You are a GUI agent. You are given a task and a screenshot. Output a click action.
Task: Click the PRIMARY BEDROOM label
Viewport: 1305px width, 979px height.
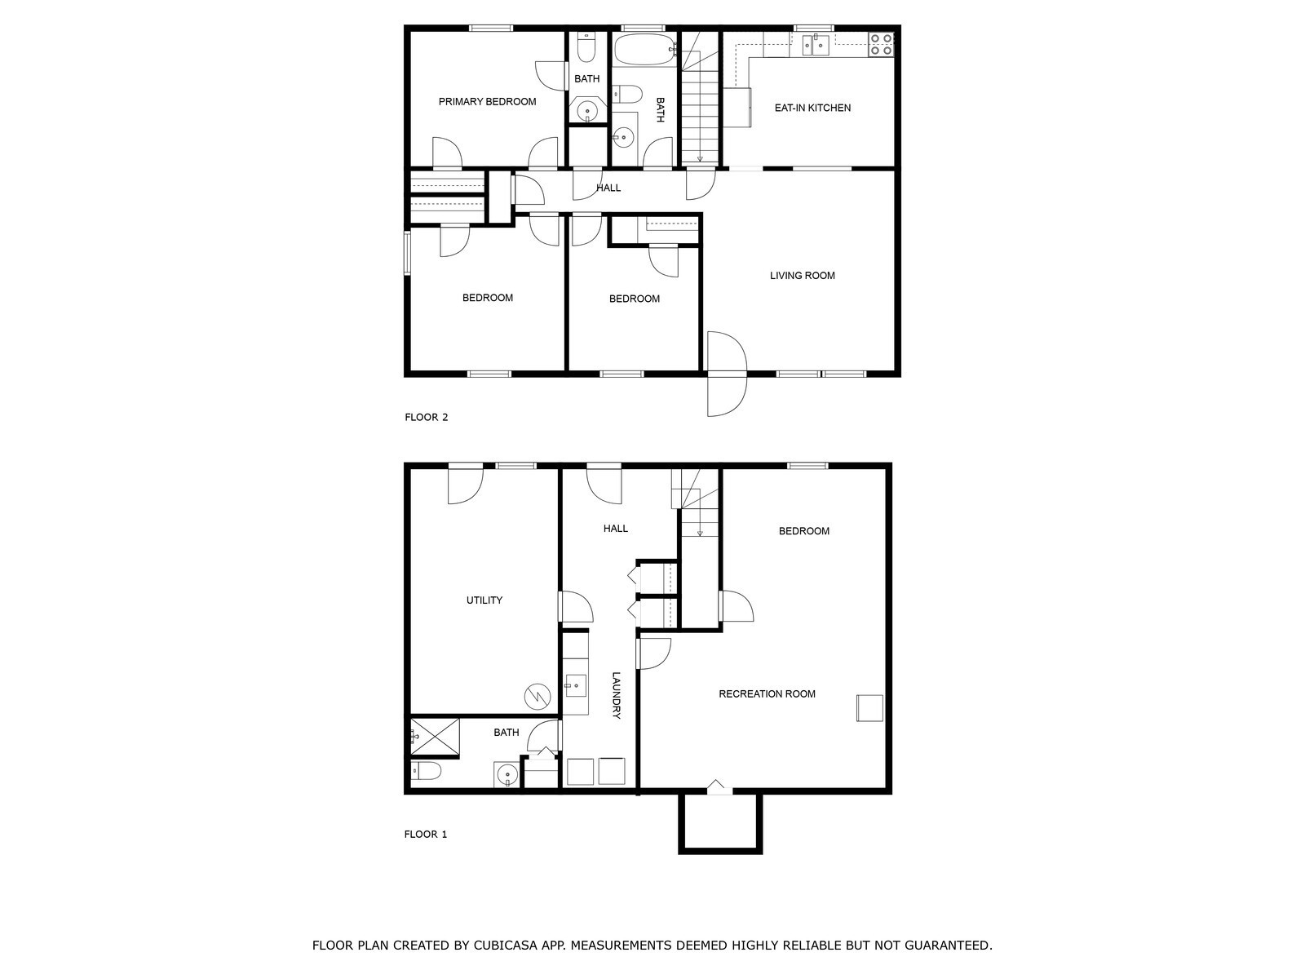pyautogui.click(x=487, y=102)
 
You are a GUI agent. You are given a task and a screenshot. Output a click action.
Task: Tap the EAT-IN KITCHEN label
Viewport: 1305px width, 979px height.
pyautogui.click(x=812, y=108)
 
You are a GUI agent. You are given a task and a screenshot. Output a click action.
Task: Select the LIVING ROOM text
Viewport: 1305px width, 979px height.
pyautogui.click(x=803, y=276)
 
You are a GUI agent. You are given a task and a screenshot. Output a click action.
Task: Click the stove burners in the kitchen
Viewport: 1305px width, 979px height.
pyautogui.click(x=881, y=44)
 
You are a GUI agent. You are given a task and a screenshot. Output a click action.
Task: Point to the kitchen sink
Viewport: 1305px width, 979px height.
pyautogui.click(x=815, y=45)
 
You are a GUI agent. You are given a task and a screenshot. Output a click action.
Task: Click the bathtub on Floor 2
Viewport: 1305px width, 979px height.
pyautogui.click(x=644, y=49)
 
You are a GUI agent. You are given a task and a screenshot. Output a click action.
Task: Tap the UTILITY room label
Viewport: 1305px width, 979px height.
pyautogui.click(x=484, y=600)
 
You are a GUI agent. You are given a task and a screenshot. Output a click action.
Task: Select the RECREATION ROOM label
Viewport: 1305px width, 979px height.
pyautogui.click(x=767, y=694)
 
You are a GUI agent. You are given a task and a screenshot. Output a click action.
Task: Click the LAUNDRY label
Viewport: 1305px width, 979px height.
pyautogui.click(x=617, y=695)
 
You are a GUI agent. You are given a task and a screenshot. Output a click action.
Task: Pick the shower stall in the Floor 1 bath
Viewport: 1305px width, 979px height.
pyautogui.click(x=434, y=737)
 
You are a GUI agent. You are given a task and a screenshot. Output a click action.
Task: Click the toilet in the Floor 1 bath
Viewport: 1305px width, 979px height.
pyautogui.click(x=427, y=771)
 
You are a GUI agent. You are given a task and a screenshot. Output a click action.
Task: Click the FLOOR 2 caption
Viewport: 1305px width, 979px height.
pyautogui.click(x=427, y=418)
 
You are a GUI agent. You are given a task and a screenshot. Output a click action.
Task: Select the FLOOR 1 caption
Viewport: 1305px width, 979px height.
pyautogui.click(x=426, y=835)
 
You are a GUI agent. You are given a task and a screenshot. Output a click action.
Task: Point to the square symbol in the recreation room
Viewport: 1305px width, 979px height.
pyautogui.click(x=869, y=707)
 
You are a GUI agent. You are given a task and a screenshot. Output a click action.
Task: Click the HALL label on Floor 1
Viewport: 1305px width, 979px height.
pyautogui.click(x=616, y=529)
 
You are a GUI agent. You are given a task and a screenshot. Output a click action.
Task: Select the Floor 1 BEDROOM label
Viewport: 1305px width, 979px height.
pyautogui.click(x=803, y=531)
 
